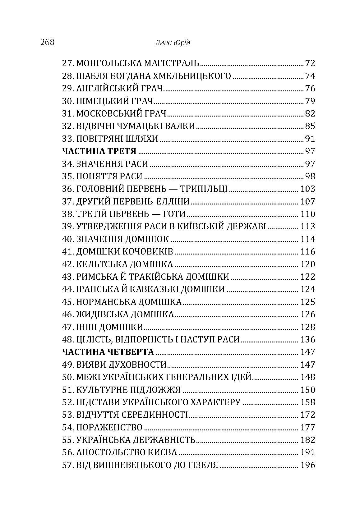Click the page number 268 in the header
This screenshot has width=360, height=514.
[x=47, y=42]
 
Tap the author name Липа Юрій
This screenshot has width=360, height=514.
[x=172, y=43]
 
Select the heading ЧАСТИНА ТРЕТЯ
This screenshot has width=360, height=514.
[x=99, y=151]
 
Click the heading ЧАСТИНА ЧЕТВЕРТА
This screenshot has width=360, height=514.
[x=108, y=352]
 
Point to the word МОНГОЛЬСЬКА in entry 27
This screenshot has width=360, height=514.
[x=109, y=63]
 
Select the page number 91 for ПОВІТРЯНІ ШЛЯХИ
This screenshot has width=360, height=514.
[x=310, y=139]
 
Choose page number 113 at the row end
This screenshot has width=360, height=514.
[x=308, y=227]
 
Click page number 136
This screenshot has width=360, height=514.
[x=308, y=339]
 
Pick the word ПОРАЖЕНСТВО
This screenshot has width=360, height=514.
[x=109, y=427]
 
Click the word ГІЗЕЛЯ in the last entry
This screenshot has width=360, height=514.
[x=203, y=465]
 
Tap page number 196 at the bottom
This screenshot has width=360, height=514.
[x=308, y=465]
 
